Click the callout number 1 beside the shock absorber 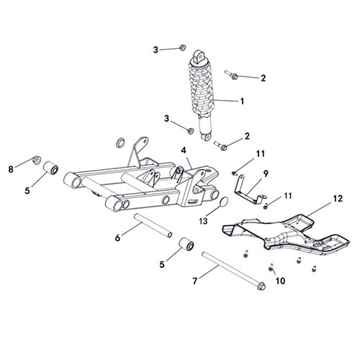pos(242,102)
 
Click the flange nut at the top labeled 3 pos(181,48)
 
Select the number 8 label pos(11,170)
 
